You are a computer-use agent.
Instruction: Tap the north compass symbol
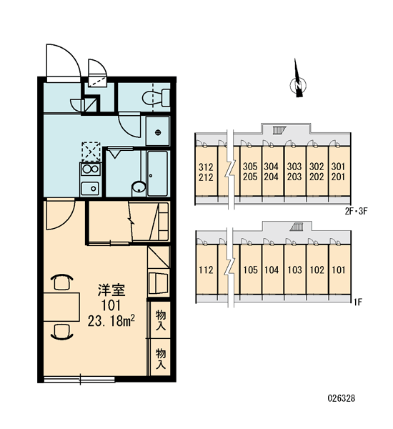click(x=297, y=82)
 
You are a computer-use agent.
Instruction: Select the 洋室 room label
click(x=111, y=290)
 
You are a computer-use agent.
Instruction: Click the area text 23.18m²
click(x=111, y=320)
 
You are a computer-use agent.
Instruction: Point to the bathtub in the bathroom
click(x=157, y=173)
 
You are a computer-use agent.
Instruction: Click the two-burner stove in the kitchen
click(x=90, y=169)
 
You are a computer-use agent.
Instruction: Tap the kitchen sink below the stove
click(x=90, y=188)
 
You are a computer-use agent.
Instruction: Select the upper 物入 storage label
click(x=161, y=320)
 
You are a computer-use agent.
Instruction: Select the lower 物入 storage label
click(x=161, y=358)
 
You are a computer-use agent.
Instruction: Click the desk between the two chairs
click(x=61, y=307)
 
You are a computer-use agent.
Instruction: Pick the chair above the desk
click(x=62, y=282)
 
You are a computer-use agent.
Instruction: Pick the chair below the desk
click(x=62, y=332)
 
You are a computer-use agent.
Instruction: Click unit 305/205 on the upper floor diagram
click(x=250, y=172)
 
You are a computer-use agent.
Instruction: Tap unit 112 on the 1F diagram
click(x=206, y=270)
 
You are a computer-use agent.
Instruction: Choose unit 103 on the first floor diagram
click(x=295, y=270)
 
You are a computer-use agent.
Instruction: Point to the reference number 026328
click(x=342, y=398)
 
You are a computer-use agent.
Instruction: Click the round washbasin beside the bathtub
click(x=139, y=188)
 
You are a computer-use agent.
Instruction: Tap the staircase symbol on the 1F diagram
click(x=297, y=227)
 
